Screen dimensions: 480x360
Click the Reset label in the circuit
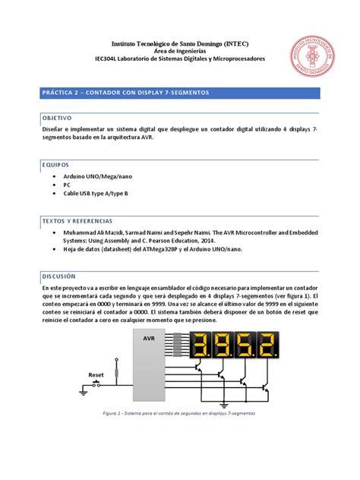click(96, 374)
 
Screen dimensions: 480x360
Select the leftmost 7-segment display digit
click(201, 346)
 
